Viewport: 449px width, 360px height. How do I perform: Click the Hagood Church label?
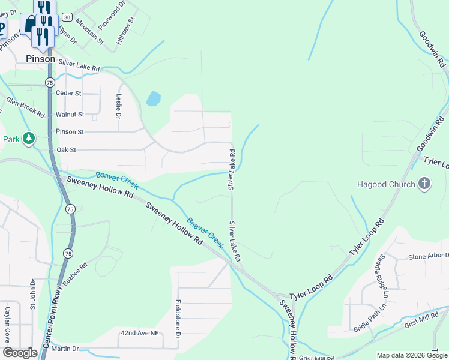(385, 184)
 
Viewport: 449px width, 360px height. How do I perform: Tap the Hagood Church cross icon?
(424, 184)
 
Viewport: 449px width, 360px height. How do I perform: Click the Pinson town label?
(41, 59)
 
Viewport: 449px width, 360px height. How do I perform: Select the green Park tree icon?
(28, 139)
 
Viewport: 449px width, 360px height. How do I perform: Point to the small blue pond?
(154, 99)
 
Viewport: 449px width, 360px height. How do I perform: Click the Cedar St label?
(68, 94)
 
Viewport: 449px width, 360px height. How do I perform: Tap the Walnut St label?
(70, 114)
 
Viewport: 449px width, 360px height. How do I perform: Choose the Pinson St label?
(70, 131)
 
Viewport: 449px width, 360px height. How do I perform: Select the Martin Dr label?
(65, 349)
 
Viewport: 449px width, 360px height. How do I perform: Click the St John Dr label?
(34, 297)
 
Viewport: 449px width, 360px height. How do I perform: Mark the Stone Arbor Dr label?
(428, 257)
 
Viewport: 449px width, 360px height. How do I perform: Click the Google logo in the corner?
(20, 353)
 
